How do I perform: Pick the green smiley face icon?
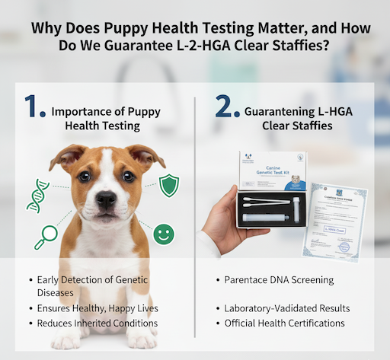163,234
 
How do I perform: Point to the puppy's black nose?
105,199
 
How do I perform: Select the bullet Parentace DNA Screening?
280,280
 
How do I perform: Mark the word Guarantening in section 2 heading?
282,111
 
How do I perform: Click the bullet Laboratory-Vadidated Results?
288,308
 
